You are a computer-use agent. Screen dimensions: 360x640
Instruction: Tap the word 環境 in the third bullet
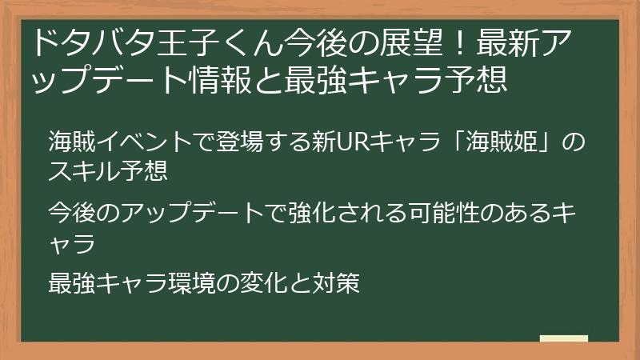click(190, 283)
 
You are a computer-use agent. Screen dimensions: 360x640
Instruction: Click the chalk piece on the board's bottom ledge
click(563, 338)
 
